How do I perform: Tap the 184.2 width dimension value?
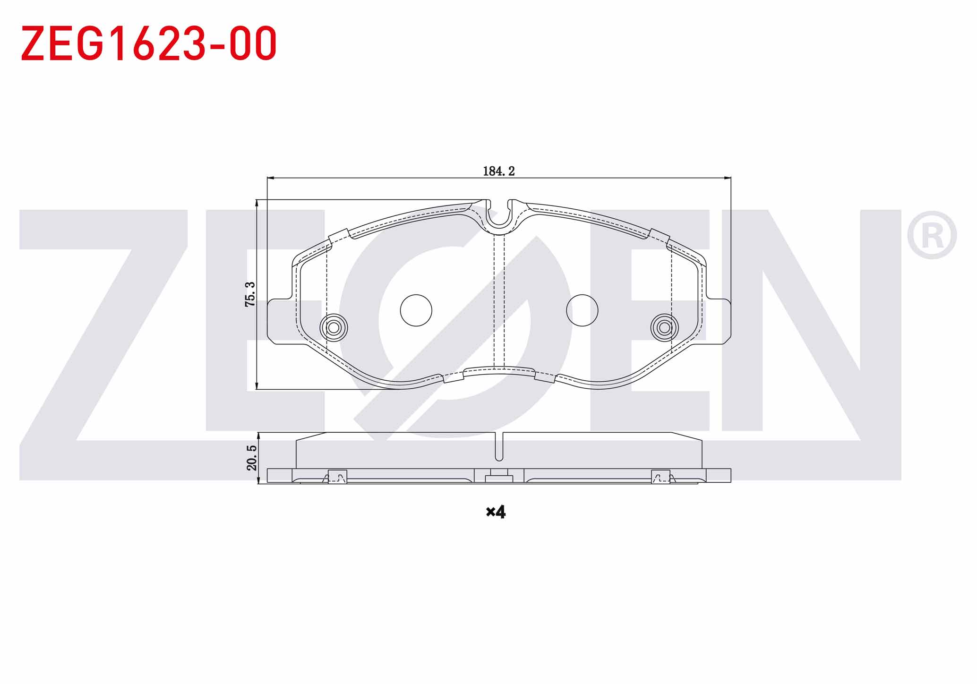(498, 171)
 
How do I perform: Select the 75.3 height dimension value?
(250, 294)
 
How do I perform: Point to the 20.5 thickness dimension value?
(252, 457)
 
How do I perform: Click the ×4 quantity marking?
(496, 511)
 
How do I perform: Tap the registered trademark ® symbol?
(932, 235)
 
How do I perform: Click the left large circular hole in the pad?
(416, 310)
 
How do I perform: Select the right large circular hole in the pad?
(582, 310)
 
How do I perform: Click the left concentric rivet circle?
(334, 327)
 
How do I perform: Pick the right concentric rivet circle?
(664, 327)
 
